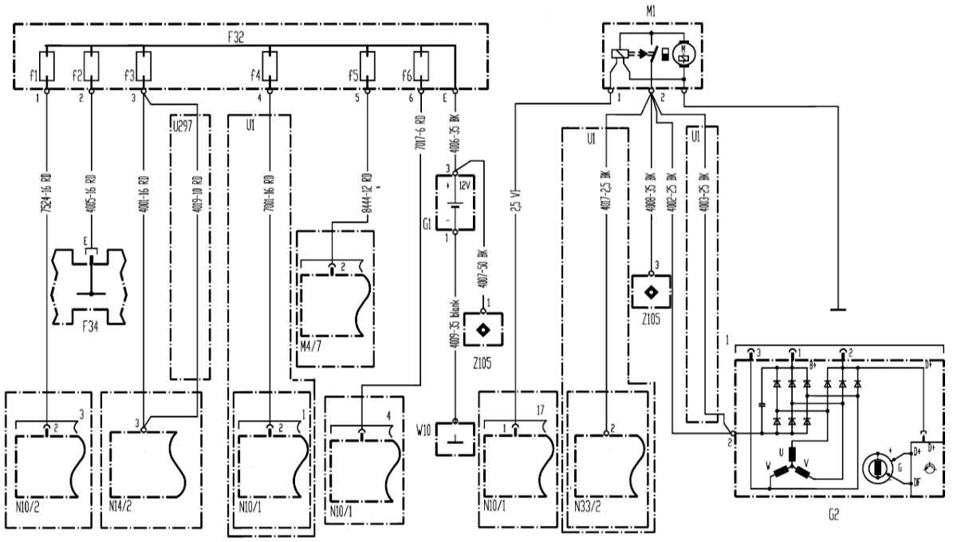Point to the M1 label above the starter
point(651,10)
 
